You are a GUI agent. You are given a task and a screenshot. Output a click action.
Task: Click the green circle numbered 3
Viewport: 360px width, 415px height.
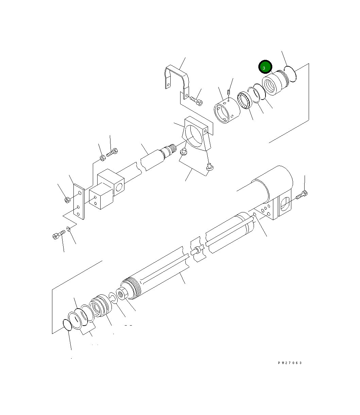265,67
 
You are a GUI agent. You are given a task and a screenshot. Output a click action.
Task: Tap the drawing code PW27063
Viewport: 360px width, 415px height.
290,363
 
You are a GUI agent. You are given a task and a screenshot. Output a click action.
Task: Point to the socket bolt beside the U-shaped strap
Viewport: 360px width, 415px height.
196,100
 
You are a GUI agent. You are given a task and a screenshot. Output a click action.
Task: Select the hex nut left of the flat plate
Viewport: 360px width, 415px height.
67,200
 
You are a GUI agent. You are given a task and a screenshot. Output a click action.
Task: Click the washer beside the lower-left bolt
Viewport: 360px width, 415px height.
69,230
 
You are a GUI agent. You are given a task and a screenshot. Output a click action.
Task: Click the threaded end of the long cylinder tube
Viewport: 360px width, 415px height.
131,289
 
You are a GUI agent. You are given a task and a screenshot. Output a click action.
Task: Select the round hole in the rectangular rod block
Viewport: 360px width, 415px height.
119,187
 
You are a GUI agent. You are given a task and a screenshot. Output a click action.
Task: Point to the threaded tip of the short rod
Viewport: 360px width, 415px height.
172,148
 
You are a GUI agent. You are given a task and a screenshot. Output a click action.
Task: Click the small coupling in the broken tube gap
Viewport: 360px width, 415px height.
196,251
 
